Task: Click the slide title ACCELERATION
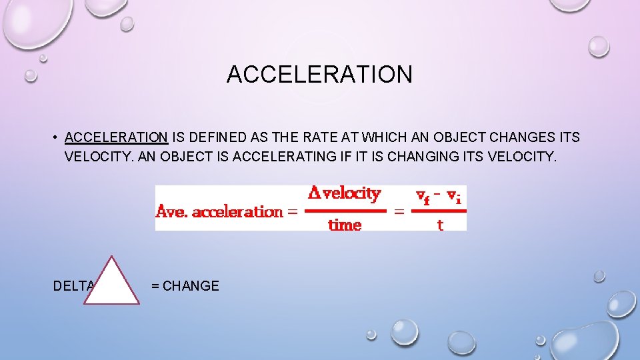point(319,74)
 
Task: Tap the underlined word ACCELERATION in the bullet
point(116,138)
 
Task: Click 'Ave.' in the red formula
point(171,212)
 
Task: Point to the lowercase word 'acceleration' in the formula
point(236,212)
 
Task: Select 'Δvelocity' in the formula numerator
point(344,194)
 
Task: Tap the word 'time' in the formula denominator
point(345,225)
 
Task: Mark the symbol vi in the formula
point(454,195)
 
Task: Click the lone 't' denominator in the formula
point(440,225)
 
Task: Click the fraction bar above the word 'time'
point(345,211)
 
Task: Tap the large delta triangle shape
point(111,283)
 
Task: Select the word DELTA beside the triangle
point(74,286)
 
